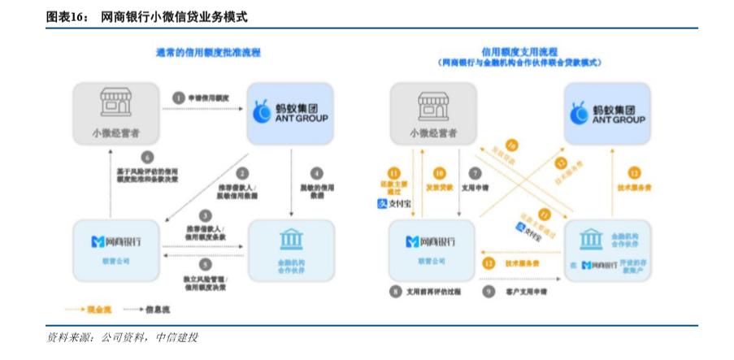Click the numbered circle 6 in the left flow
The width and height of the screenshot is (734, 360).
click(147, 157)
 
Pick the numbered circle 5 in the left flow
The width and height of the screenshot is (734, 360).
click(205, 264)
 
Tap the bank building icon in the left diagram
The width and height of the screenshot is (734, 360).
click(290, 240)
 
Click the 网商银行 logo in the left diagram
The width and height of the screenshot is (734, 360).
click(117, 241)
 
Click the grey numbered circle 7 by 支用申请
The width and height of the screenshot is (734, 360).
click(476, 173)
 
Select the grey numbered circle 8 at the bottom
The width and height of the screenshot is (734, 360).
click(396, 290)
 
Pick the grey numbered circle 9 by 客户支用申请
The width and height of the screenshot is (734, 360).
click(489, 290)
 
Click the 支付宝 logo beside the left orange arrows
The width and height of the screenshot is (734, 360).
click(392, 204)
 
